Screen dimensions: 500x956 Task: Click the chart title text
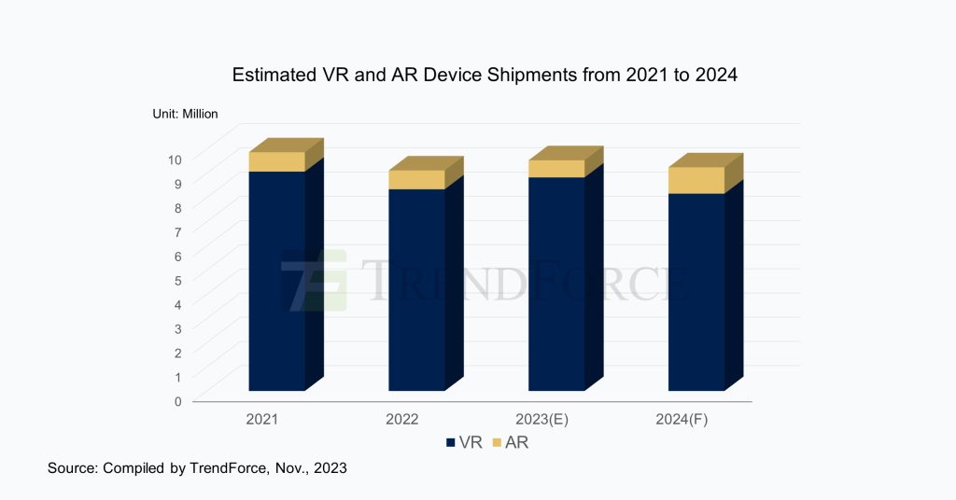pyautogui.click(x=485, y=76)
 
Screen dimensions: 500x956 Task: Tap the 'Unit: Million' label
pyautogui.click(x=185, y=114)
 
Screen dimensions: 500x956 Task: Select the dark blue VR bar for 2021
pyautogui.click(x=276, y=280)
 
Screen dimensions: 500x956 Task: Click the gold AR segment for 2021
pyautogui.click(x=276, y=161)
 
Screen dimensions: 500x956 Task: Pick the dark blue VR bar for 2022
pyautogui.click(x=416, y=289)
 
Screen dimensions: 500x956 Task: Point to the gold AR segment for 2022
pyautogui.click(x=416, y=179)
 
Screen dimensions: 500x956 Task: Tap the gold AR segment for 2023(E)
pyautogui.click(x=556, y=168)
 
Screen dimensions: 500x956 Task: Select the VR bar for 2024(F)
pyautogui.click(x=696, y=291)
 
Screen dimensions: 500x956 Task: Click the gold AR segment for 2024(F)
pyautogui.click(x=696, y=180)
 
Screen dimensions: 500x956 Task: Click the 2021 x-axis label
pyautogui.click(x=262, y=420)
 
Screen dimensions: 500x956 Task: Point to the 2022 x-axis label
pyautogui.click(x=402, y=420)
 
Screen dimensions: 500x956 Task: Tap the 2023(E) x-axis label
pyautogui.click(x=542, y=420)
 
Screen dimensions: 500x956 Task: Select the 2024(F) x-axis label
pyautogui.click(x=682, y=420)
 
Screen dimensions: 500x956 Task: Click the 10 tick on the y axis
pyautogui.click(x=175, y=159)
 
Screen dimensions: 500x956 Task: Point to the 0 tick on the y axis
pyautogui.click(x=176, y=401)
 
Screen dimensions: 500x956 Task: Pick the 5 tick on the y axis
pyautogui.click(x=176, y=280)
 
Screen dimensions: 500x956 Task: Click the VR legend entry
pyautogui.click(x=464, y=443)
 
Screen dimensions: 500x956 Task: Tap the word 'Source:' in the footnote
pyautogui.click(x=74, y=468)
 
